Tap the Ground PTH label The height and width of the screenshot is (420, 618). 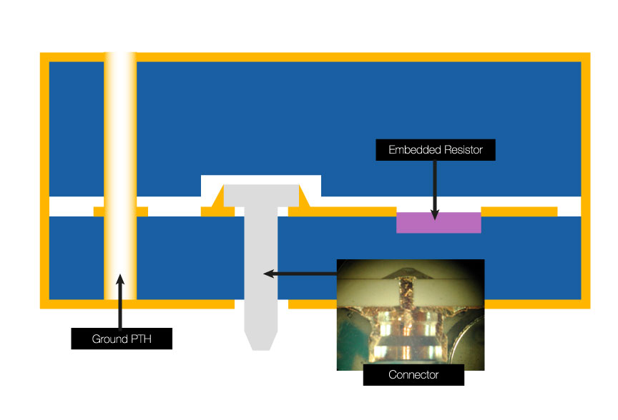121,339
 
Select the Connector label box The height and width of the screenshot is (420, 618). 413,375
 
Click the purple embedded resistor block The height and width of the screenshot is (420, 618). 438,222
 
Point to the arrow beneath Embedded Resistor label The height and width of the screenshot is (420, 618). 434,189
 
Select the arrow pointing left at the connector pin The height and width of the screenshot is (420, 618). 300,273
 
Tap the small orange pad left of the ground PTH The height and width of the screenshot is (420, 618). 99,211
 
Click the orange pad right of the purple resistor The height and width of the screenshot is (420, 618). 519,211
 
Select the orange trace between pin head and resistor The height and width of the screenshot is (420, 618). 350,211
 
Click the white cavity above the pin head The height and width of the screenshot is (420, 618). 261,179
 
